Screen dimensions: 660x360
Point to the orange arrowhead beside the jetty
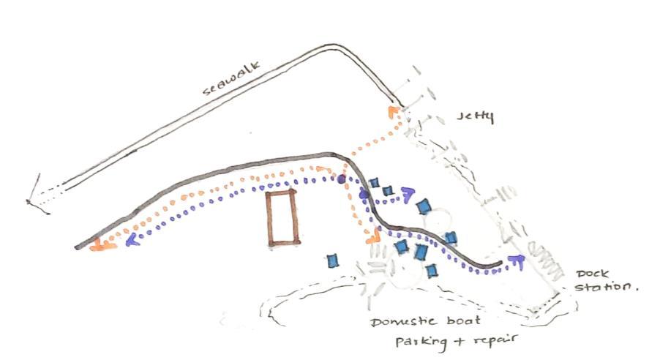pyautogui.click(x=393, y=111)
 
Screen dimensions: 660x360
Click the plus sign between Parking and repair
pyautogui.click(x=451, y=341)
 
